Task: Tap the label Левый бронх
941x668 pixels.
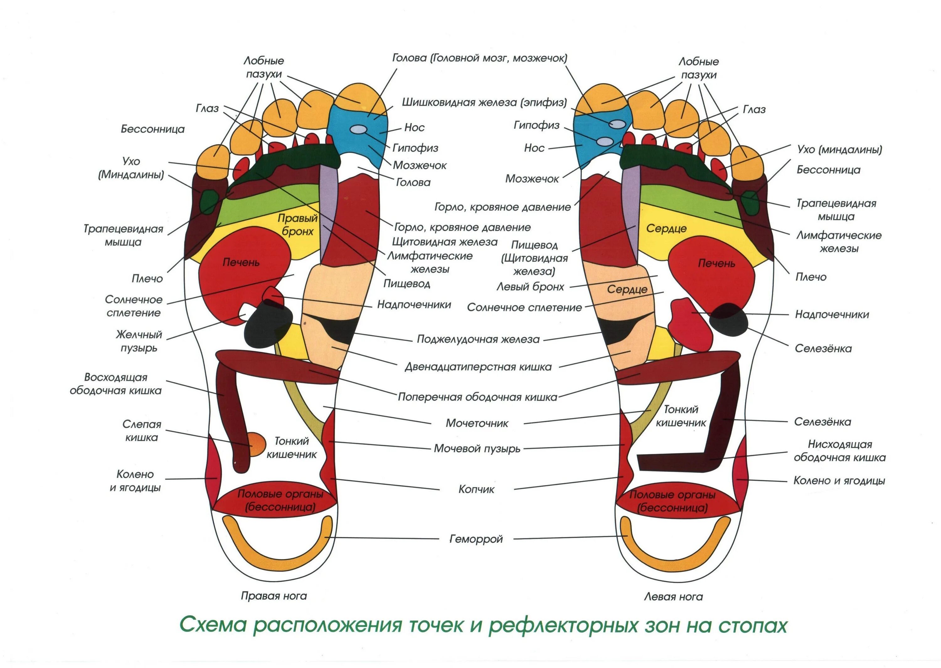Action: point(530,287)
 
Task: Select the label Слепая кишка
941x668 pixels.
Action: point(142,431)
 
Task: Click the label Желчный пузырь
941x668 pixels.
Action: point(139,341)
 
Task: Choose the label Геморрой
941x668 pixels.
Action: point(476,539)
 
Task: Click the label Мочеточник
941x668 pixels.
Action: point(477,423)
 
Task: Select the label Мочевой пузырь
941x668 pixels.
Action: point(477,448)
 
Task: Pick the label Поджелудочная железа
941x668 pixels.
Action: point(478,339)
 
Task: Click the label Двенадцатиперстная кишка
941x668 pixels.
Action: point(478,367)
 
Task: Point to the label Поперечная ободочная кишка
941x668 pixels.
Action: point(477,397)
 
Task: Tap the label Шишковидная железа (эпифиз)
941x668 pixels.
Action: point(484,102)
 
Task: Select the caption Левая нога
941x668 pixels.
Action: point(673,597)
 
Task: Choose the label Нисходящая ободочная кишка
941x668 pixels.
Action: point(839,451)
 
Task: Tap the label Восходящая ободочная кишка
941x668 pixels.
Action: point(115,384)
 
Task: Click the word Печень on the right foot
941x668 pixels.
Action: point(241,262)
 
